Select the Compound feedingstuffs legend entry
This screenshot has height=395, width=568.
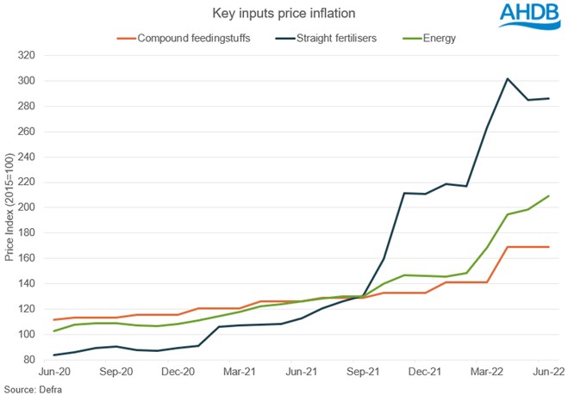coord(184,39)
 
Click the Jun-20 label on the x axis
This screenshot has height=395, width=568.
coord(53,373)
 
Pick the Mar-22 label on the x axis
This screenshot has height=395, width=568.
coord(487,373)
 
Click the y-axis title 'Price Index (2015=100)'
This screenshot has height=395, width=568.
coord(10,207)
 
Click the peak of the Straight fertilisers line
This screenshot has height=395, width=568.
coord(508,79)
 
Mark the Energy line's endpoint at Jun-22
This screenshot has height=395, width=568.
coord(549,196)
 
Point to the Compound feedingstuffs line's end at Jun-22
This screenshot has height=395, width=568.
coord(549,247)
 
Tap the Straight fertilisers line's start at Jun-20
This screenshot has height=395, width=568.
coord(53,355)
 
